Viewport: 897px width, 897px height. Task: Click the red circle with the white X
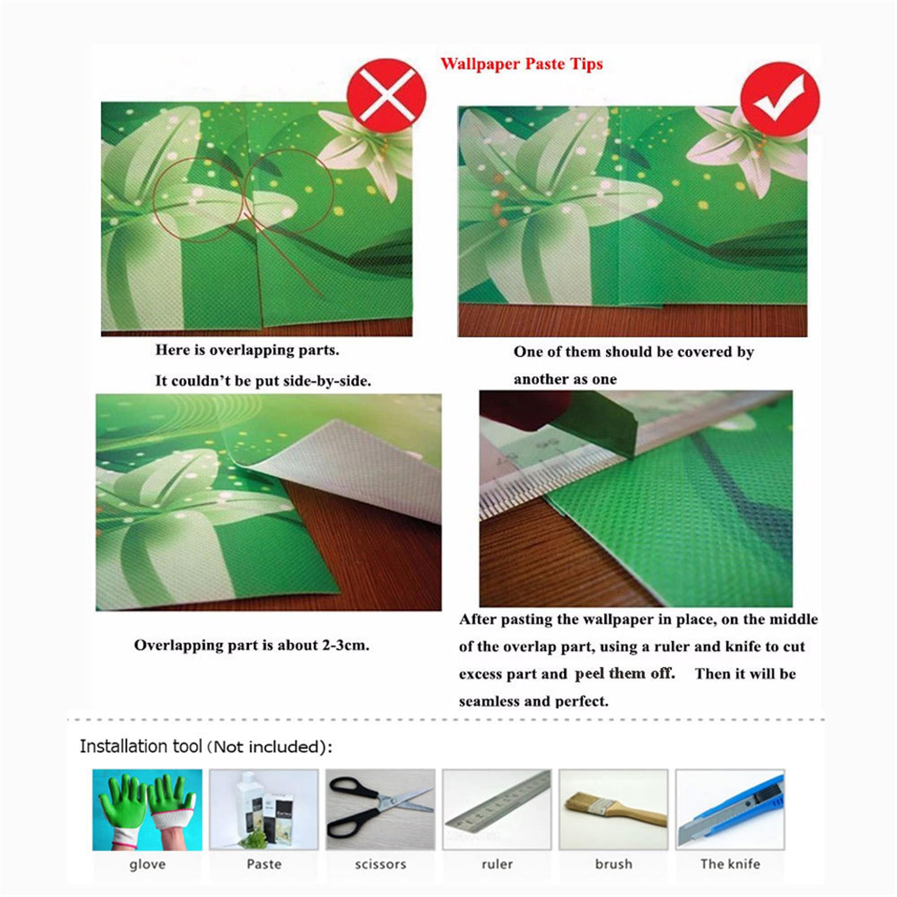(386, 96)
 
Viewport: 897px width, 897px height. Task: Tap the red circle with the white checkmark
(780, 99)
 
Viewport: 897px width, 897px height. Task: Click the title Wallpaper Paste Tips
(522, 64)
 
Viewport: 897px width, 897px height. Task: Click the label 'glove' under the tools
(147, 865)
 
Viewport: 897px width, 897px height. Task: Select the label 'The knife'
(730, 864)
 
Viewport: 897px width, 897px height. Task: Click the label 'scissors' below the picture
(381, 865)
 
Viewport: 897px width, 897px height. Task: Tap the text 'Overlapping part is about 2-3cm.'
(252, 645)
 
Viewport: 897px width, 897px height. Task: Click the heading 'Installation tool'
(141, 747)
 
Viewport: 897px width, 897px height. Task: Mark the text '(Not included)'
(269, 747)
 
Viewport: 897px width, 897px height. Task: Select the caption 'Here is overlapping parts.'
(248, 350)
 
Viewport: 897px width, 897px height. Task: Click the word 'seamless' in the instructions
(488, 701)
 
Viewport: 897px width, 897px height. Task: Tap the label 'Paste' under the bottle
(264, 864)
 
